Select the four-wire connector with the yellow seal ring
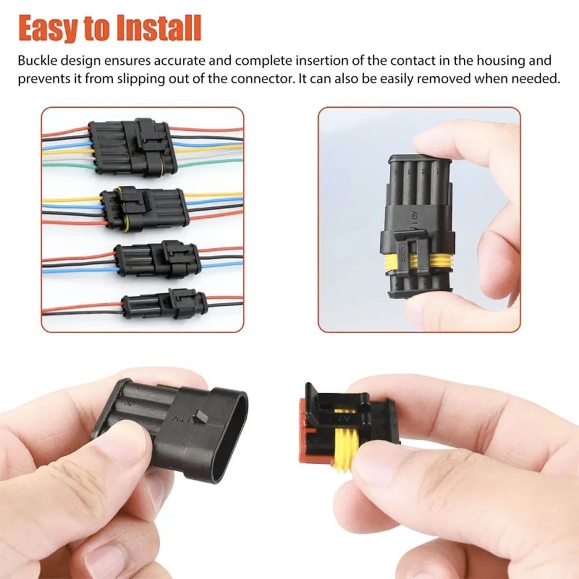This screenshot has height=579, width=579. pyautogui.click(x=145, y=209)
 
